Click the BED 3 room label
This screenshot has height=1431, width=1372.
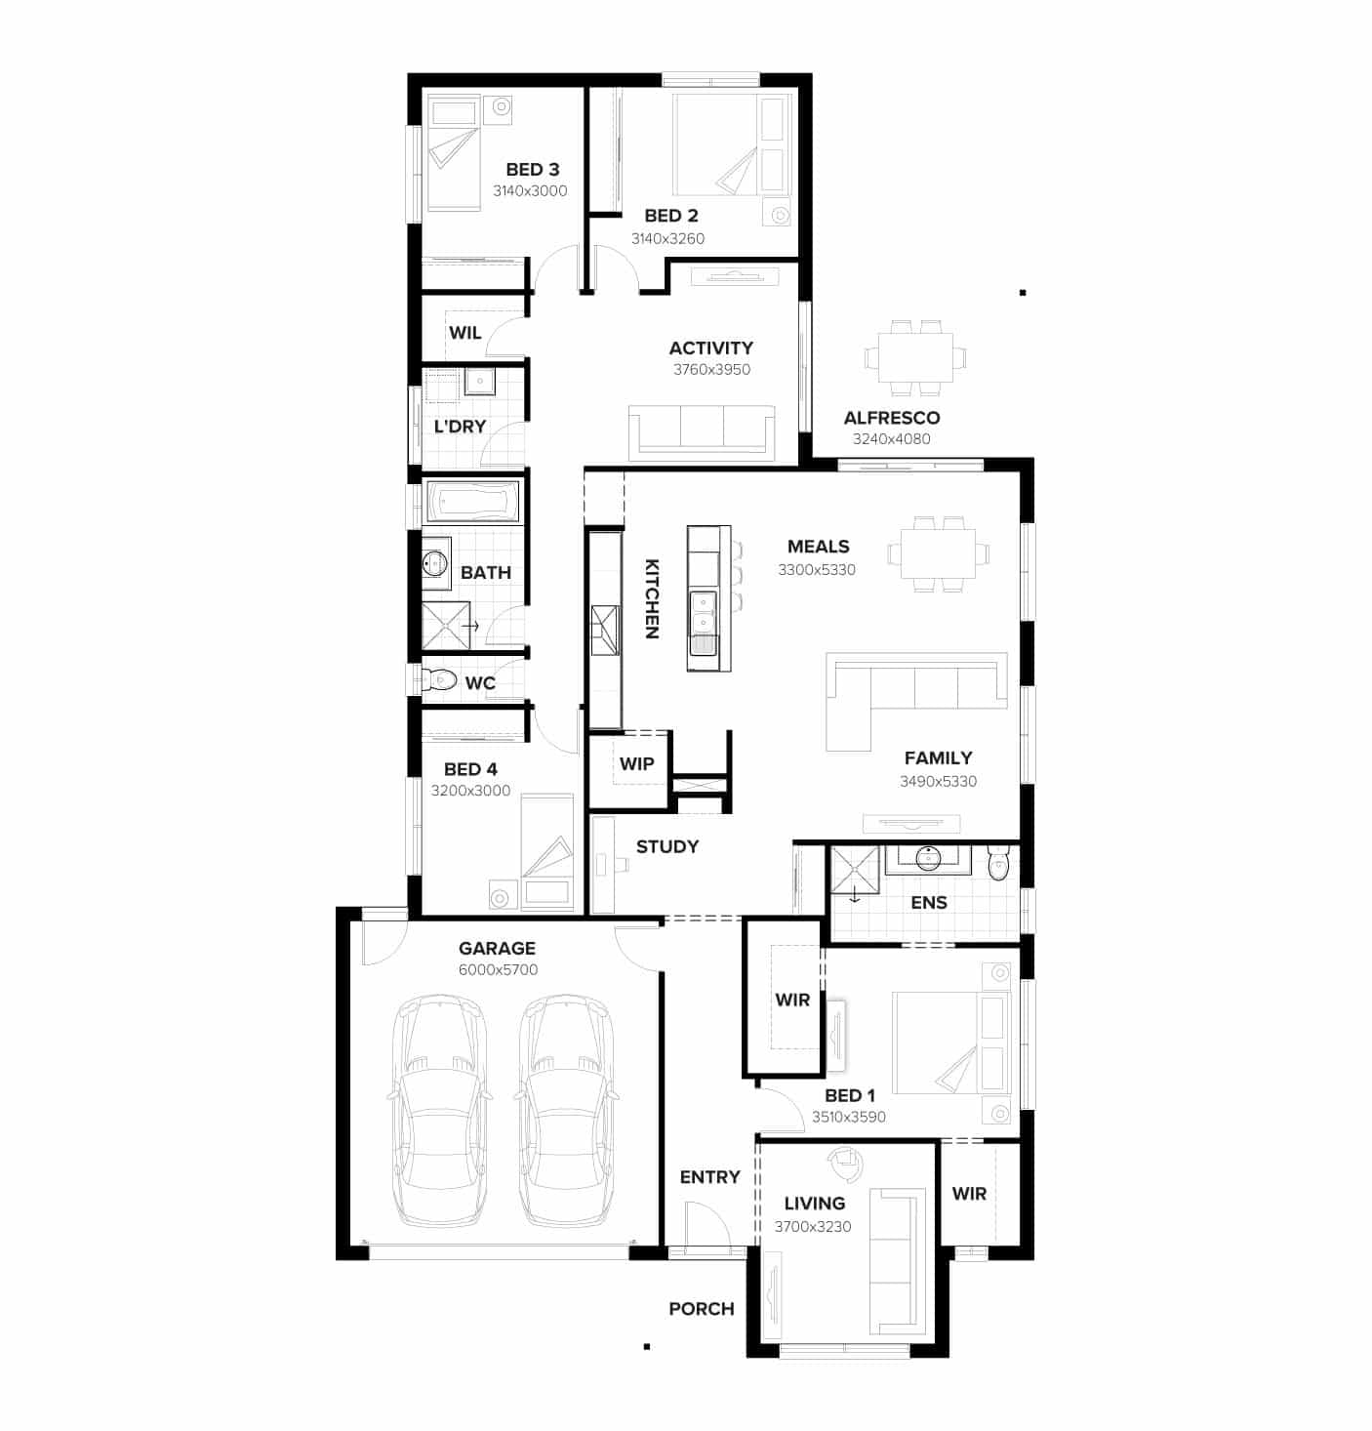click(x=532, y=170)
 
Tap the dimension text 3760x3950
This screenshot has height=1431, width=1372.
click(x=711, y=370)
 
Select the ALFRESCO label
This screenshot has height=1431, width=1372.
click(x=892, y=418)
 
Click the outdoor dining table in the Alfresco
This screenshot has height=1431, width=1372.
click(x=915, y=357)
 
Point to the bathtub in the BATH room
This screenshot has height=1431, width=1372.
click(x=473, y=503)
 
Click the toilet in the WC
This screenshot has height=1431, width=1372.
click(x=440, y=678)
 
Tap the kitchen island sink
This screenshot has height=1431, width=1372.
click(x=703, y=614)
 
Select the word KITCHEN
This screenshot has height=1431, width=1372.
click(x=652, y=598)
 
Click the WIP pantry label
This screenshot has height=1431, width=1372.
click(x=636, y=764)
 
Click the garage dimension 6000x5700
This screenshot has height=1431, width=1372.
click(x=498, y=970)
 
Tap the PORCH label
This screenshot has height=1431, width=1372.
click(x=701, y=1309)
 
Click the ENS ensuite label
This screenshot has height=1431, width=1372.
click(x=928, y=903)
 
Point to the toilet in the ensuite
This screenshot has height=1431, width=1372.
click(x=997, y=864)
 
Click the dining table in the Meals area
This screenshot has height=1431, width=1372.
click(x=938, y=553)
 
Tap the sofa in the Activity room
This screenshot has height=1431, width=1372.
click(x=701, y=430)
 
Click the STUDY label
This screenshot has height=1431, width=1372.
click(x=667, y=846)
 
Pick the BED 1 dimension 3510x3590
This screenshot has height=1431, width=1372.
click(x=849, y=1118)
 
